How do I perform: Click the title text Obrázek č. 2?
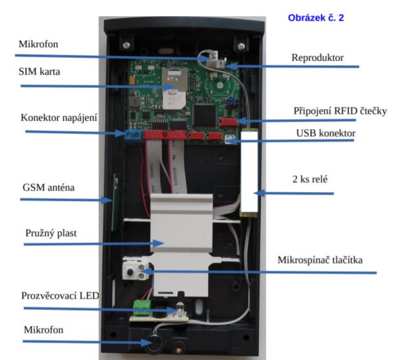point(315,18)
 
